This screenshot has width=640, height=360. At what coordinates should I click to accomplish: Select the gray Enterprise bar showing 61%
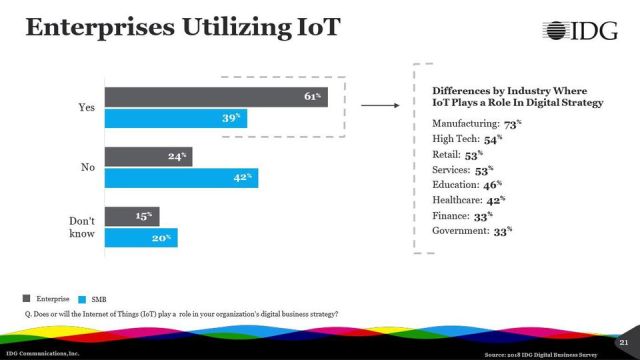pyautogui.click(x=216, y=97)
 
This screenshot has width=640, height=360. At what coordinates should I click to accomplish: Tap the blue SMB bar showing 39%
pyautogui.click(x=176, y=118)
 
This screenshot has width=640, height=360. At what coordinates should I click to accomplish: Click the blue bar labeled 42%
pyautogui.click(x=181, y=179)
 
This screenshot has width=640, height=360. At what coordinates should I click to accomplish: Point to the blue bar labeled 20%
pyautogui.click(x=141, y=238)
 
